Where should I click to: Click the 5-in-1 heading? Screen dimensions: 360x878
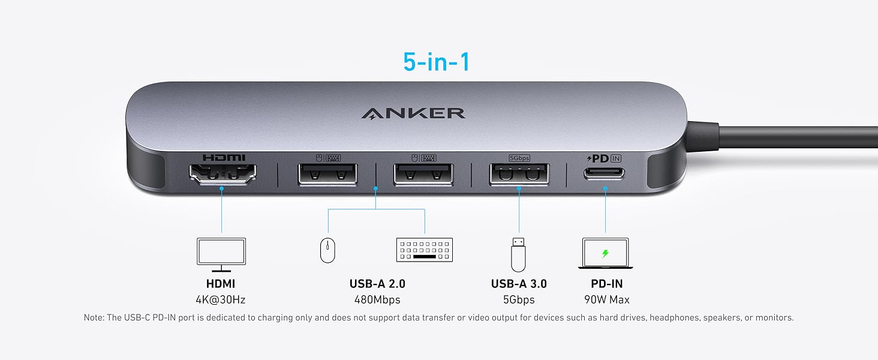click(x=437, y=62)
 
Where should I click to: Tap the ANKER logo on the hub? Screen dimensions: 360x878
click(x=413, y=113)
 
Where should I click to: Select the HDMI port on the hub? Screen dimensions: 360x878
click(x=222, y=173)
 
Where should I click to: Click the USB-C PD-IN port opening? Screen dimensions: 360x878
click(x=605, y=174)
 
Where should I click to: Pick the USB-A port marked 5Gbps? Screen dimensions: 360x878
click(x=519, y=174)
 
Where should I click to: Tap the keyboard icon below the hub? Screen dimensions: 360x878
click(x=424, y=250)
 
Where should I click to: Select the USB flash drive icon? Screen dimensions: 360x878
click(x=519, y=254)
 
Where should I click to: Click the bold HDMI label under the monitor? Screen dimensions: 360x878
click(x=221, y=284)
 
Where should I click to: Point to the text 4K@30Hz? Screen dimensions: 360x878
click(x=221, y=299)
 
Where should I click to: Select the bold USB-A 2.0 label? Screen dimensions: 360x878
click(x=377, y=284)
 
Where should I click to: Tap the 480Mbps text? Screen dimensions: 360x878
click(x=377, y=299)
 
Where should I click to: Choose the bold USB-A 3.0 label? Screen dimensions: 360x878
click(x=519, y=284)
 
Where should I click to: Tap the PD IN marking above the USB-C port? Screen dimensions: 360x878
click(x=605, y=158)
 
